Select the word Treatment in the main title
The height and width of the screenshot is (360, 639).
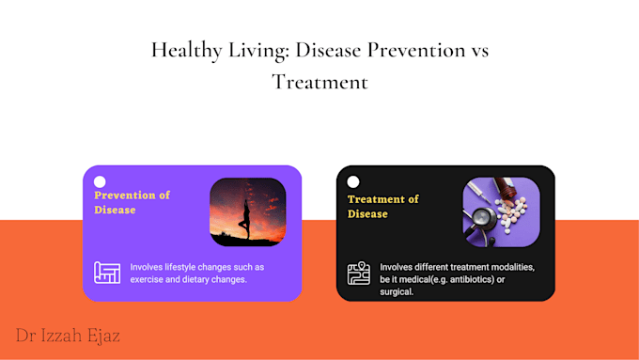(319, 83)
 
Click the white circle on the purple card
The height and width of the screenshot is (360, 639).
(100, 181)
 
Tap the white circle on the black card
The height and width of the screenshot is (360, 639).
(353, 181)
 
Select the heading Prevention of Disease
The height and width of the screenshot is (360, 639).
(132, 202)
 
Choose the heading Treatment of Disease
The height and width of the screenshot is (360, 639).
(382, 206)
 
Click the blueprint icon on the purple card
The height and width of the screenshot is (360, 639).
(107, 273)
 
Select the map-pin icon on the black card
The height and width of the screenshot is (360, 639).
(359, 273)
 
